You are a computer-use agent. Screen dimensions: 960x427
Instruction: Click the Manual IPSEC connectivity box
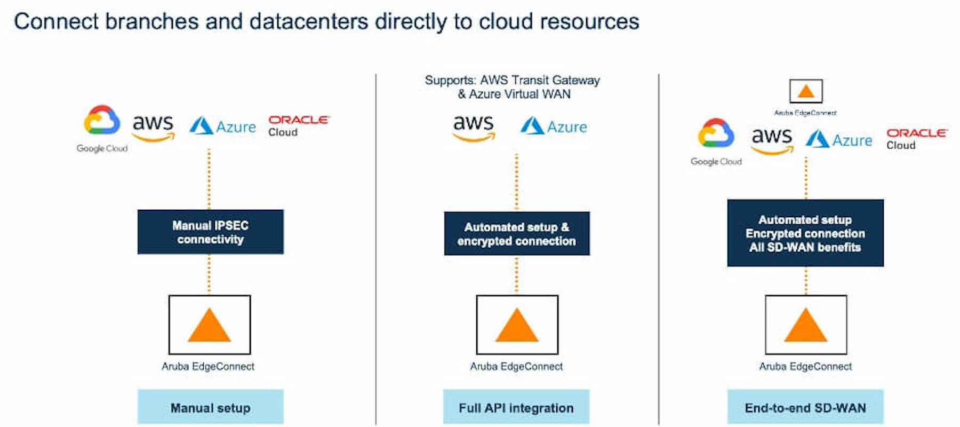(211, 232)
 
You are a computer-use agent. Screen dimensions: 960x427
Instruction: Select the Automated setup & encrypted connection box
(517, 234)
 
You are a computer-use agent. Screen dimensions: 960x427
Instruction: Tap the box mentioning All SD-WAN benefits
(805, 233)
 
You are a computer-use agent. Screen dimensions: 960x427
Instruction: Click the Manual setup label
(211, 407)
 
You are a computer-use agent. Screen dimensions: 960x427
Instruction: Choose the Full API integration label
(516, 407)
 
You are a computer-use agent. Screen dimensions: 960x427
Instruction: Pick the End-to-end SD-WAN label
(805, 407)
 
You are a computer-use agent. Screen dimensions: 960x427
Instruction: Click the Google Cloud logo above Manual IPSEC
(102, 129)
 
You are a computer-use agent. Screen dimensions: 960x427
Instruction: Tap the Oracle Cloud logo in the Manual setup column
(299, 126)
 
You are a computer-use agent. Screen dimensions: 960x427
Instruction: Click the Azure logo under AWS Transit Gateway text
(554, 126)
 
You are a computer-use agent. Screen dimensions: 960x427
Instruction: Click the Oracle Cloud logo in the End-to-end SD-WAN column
(917, 139)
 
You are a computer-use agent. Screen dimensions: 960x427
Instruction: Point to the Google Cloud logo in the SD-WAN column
(716, 141)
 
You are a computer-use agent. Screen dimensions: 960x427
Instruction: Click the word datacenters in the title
(309, 22)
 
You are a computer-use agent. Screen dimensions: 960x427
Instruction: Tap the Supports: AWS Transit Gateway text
(513, 80)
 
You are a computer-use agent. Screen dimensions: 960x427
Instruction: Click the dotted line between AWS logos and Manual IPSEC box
(209, 179)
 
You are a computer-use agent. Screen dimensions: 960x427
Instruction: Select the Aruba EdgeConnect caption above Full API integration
(516, 367)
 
